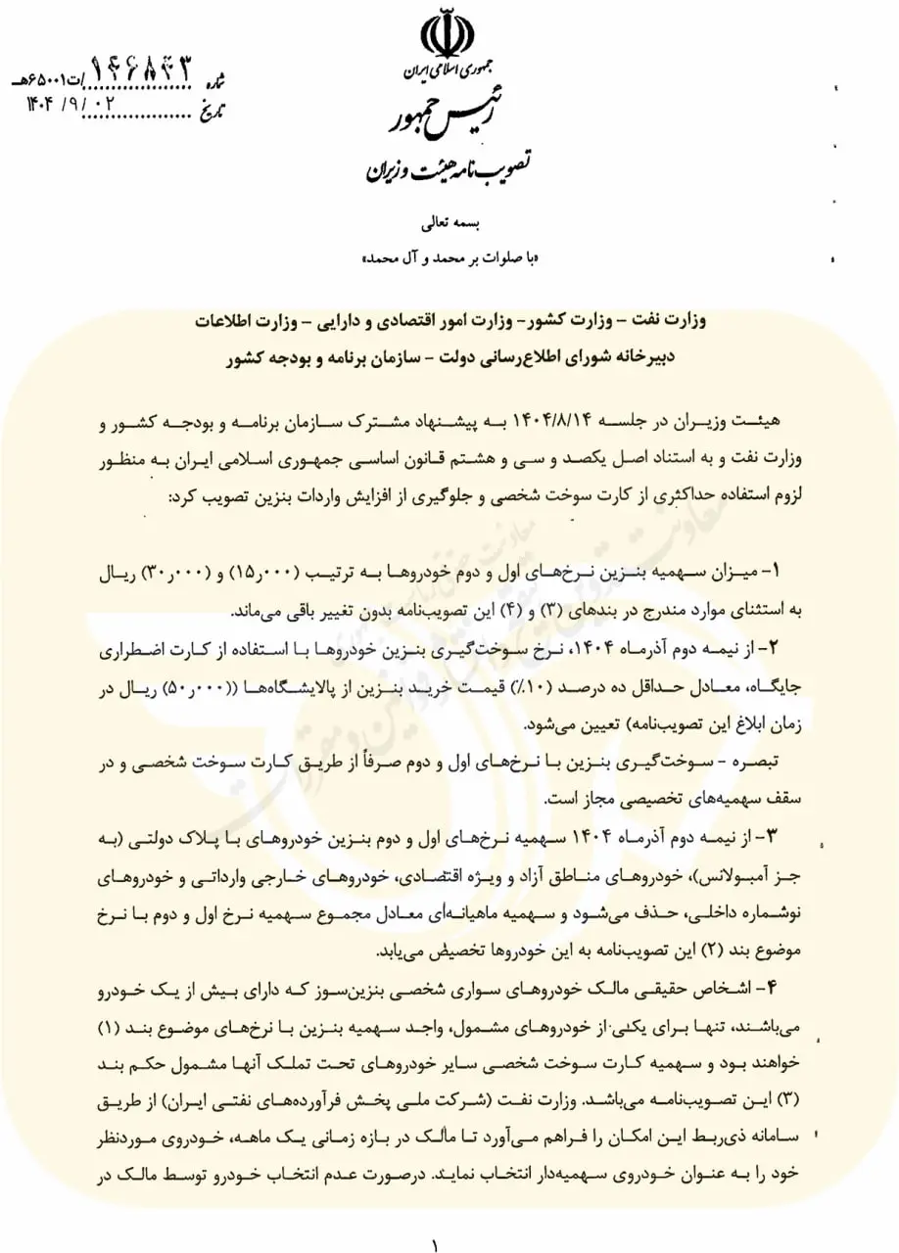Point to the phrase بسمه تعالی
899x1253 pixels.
click(x=449, y=224)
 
